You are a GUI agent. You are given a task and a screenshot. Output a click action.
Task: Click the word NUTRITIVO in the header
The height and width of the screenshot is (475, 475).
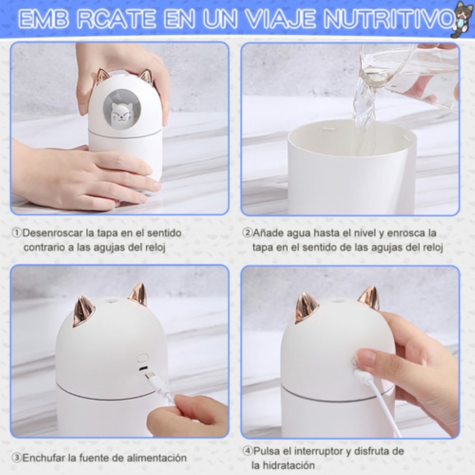point(388,19)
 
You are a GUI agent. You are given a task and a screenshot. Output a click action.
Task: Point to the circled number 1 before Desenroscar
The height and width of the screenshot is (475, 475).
point(17,233)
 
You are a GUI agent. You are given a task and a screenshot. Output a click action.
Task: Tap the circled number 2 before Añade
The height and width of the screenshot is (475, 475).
point(247,233)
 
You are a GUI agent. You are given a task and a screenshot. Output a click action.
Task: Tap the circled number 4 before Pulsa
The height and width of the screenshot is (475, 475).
point(247,451)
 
